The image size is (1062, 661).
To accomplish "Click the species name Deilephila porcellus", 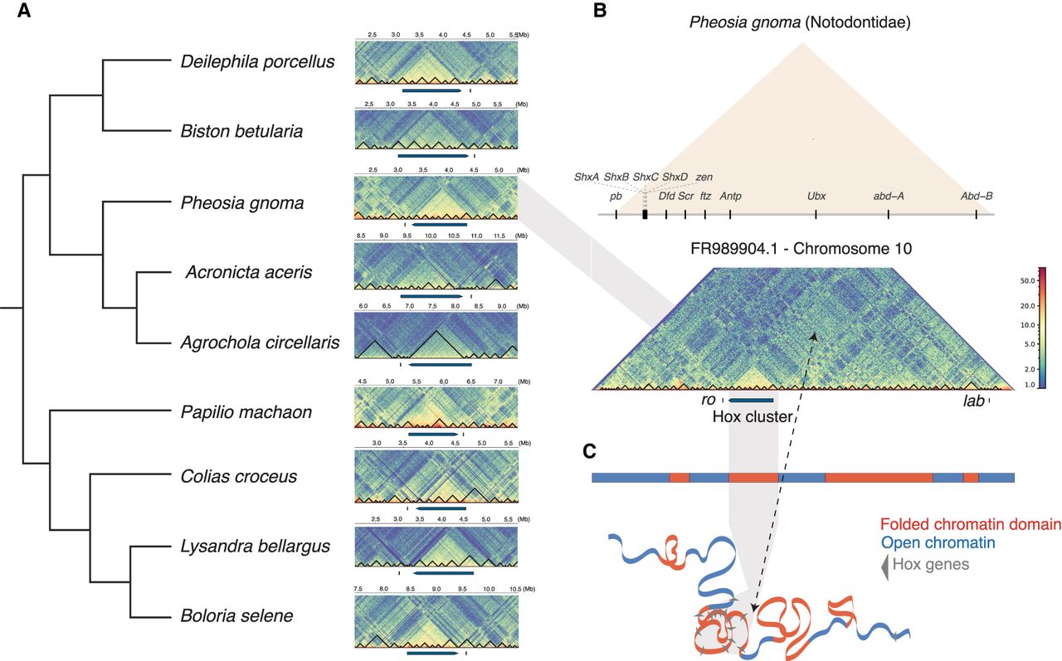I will coord(257,61).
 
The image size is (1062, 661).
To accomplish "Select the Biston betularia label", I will coord(241,131).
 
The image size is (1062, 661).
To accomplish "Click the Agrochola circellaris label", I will coord(260,342).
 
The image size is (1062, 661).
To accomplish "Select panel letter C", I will coord(589,451).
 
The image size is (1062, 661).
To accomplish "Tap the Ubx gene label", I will coord(816,197).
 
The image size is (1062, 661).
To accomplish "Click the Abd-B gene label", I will coord(977,197).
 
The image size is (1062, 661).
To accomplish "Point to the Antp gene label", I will coord(730,197).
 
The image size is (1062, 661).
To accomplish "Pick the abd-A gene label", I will coord(889,197).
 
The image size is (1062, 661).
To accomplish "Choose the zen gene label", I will coord(704,177).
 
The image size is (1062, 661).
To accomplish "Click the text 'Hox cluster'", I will coord(752,416).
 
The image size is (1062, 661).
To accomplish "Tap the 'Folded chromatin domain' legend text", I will coord(971,524).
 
